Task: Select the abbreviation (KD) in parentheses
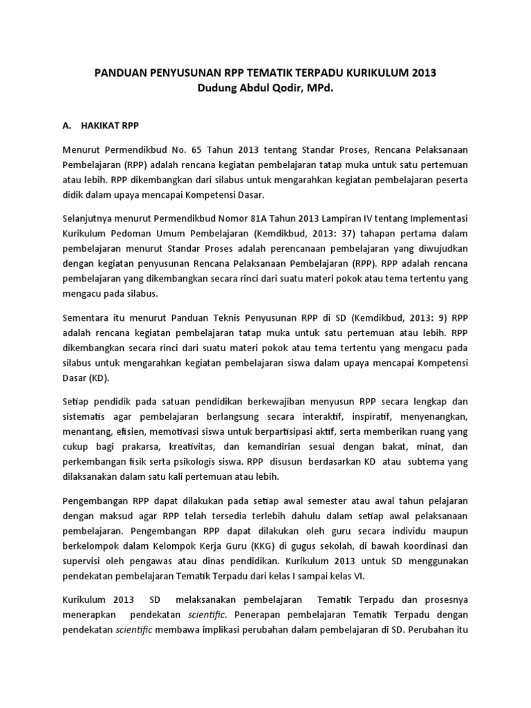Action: tap(100, 380)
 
